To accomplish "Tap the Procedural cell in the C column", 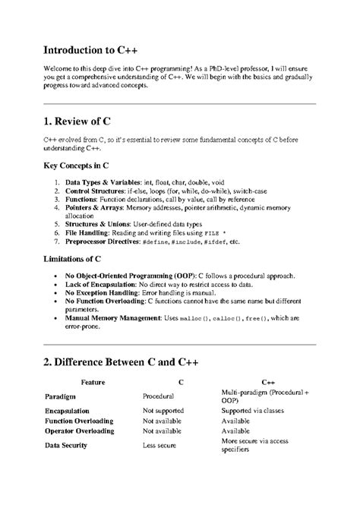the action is point(159,396).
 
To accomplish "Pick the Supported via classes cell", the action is point(257,410).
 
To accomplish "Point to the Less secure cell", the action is point(160,445).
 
